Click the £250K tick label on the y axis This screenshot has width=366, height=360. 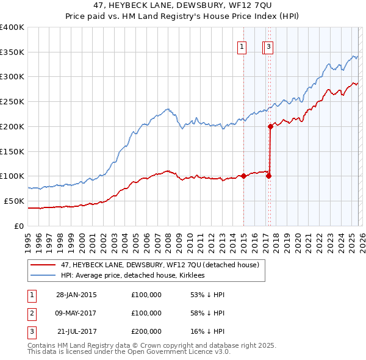pyautogui.click(x=12, y=101)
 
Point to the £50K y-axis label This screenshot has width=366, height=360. pyautogui.click(x=14, y=201)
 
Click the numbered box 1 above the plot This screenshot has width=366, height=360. pyautogui.click(x=242, y=46)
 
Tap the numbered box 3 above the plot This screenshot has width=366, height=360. pyautogui.click(x=269, y=46)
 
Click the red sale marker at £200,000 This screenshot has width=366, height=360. pyautogui.click(x=270, y=126)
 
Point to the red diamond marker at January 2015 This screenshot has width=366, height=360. pyautogui.click(x=243, y=176)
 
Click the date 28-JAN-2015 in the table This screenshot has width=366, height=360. pyautogui.click(x=76, y=295)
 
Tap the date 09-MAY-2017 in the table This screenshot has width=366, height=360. pyautogui.click(x=76, y=313)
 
